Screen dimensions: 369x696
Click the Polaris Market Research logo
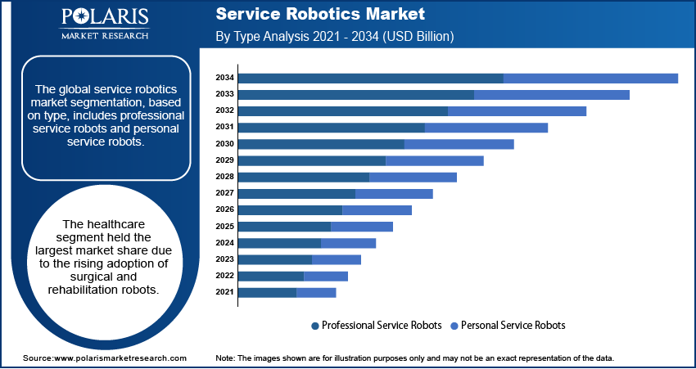tap(105, 25)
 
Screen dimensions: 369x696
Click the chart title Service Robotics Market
tap(319, 14)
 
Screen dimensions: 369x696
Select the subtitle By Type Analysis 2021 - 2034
tap(334, 37)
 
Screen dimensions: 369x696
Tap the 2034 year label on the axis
tap(225, 78)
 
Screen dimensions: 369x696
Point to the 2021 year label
tap(225, 292)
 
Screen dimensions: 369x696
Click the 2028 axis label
tap(225, 177)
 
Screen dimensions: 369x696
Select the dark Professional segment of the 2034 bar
tap(370, 78)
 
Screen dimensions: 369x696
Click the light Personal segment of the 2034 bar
tap(590, 78)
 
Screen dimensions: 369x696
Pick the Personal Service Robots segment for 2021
tap(316, 292)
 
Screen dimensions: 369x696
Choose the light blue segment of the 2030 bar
tap(459, 144)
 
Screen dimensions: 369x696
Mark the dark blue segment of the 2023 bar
tap(275, 259)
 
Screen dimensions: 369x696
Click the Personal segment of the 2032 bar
tap(517, 110)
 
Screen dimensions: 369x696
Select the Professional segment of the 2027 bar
tap(296, 193)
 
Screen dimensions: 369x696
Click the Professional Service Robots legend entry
tap(376, 325)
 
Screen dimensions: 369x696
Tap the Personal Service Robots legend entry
tap(508, 325)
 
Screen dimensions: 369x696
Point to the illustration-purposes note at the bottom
tap(414, 358)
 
